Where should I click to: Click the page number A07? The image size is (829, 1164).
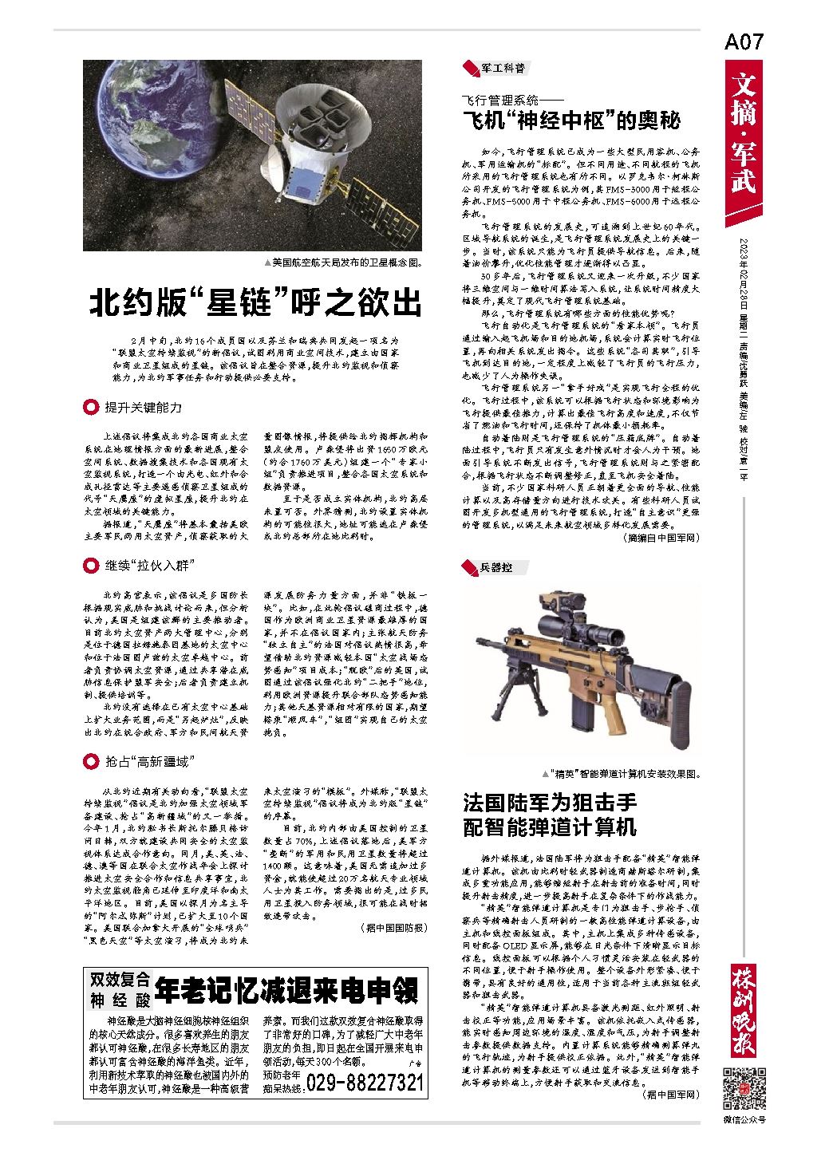coord(744,42)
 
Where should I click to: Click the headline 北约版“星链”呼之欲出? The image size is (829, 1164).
coord(255,304)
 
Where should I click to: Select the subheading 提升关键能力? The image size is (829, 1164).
coord(144,408)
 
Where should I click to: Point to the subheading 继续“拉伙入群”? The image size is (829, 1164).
coord(150,566)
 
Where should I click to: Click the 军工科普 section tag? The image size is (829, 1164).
coord(502,68)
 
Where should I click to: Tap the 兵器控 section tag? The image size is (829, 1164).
coord(495,567)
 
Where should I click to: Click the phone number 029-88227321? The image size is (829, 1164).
coord(365,1083)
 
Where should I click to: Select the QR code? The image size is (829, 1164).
coord(744,1087)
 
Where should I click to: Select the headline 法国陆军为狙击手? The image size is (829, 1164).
coord(551,802)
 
